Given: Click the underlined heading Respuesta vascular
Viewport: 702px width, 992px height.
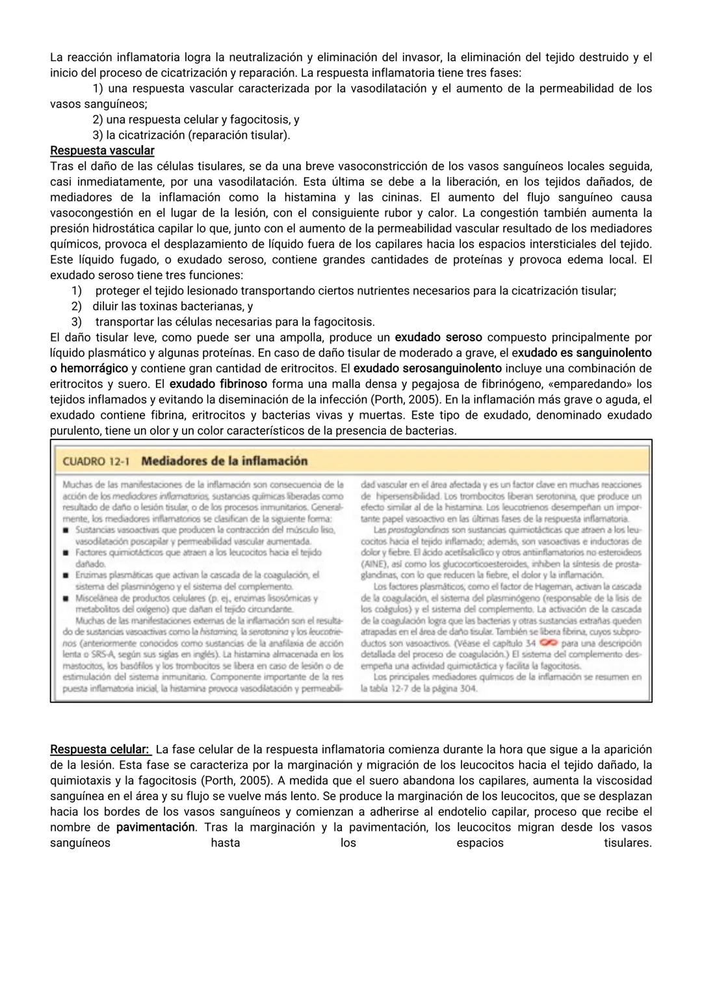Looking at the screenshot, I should coord(102,151).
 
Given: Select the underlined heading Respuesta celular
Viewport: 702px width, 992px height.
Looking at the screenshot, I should coord(99,750).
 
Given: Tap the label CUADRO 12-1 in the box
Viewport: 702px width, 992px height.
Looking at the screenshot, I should coord(96,461).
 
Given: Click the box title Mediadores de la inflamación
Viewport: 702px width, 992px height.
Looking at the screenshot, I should coord(224,461).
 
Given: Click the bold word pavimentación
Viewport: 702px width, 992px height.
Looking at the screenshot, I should coord(155,828).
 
